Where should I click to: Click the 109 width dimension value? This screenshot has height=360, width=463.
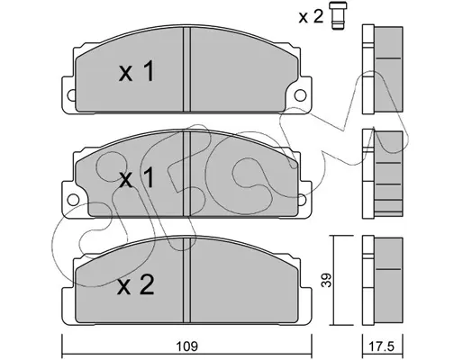click(x=186, y=346)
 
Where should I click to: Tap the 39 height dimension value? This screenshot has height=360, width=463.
click(x=327, y=280)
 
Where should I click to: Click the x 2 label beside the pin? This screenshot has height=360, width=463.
click(x=311, y=16)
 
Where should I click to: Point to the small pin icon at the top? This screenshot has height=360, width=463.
click(x=338, y=15)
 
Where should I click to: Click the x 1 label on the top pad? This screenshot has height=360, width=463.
click(x=137, y=71)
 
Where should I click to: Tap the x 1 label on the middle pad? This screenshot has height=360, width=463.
click(x=137, y=177)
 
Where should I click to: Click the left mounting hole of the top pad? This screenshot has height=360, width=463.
click(x=71, y=95)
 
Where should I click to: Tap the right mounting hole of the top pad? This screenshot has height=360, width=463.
click(x=300, y=95)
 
